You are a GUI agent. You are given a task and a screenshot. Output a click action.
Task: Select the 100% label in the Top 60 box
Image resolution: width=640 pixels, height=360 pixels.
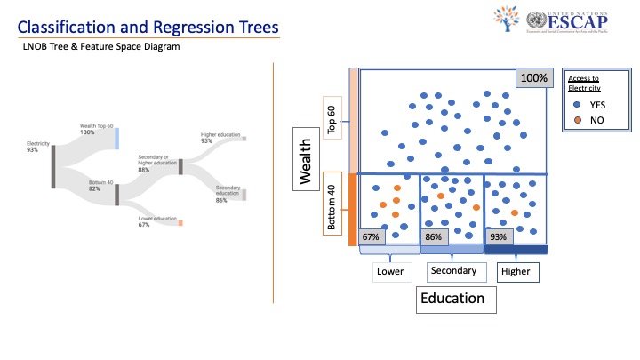tap(533, 78)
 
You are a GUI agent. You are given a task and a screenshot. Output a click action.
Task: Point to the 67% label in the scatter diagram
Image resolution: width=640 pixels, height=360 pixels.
tap(371, 237)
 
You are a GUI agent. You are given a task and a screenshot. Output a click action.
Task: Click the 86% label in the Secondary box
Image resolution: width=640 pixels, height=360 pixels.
tap(433, 237)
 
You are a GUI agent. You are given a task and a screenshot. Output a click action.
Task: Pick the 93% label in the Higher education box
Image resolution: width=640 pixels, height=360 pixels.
tap(498, 237)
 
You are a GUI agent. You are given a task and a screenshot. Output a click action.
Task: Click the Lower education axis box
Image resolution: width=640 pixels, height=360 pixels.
tap(389, 271)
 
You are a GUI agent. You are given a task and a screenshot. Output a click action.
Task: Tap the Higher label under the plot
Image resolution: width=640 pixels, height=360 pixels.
tap(515, 271)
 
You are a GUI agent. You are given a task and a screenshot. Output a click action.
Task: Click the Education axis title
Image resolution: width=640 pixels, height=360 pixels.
tap(452, 299)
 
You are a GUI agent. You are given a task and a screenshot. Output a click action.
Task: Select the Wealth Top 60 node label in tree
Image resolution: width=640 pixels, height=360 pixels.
tap(94, 130)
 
